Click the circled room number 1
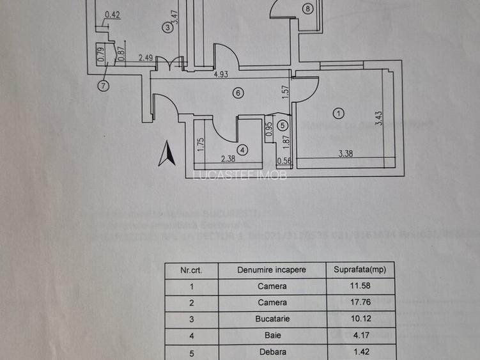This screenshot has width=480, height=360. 339,114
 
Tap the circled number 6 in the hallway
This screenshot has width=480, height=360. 238,93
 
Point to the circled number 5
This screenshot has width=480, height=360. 283,126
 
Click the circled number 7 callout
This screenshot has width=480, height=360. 104,85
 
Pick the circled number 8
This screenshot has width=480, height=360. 308,9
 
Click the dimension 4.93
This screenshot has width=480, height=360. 221,75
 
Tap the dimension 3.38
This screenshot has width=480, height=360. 346,153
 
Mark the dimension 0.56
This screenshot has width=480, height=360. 284,161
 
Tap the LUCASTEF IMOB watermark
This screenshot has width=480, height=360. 240,175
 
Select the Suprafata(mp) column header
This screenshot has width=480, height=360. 359,270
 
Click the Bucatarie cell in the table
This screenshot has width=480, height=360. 272,318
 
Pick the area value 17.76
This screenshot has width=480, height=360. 359,302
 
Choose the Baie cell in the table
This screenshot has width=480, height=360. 272,334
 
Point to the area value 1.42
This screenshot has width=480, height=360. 359,351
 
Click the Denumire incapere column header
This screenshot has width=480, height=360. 272,270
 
